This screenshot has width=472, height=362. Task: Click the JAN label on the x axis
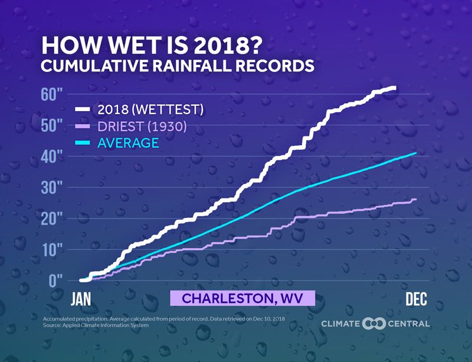tap(81, 299)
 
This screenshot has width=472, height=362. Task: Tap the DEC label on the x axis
tap(416, 299)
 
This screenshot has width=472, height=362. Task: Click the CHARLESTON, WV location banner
tap(242, 298)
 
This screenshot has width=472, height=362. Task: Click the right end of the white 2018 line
tap(394, 88)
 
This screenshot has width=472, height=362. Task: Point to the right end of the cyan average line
tap(415, 153)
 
